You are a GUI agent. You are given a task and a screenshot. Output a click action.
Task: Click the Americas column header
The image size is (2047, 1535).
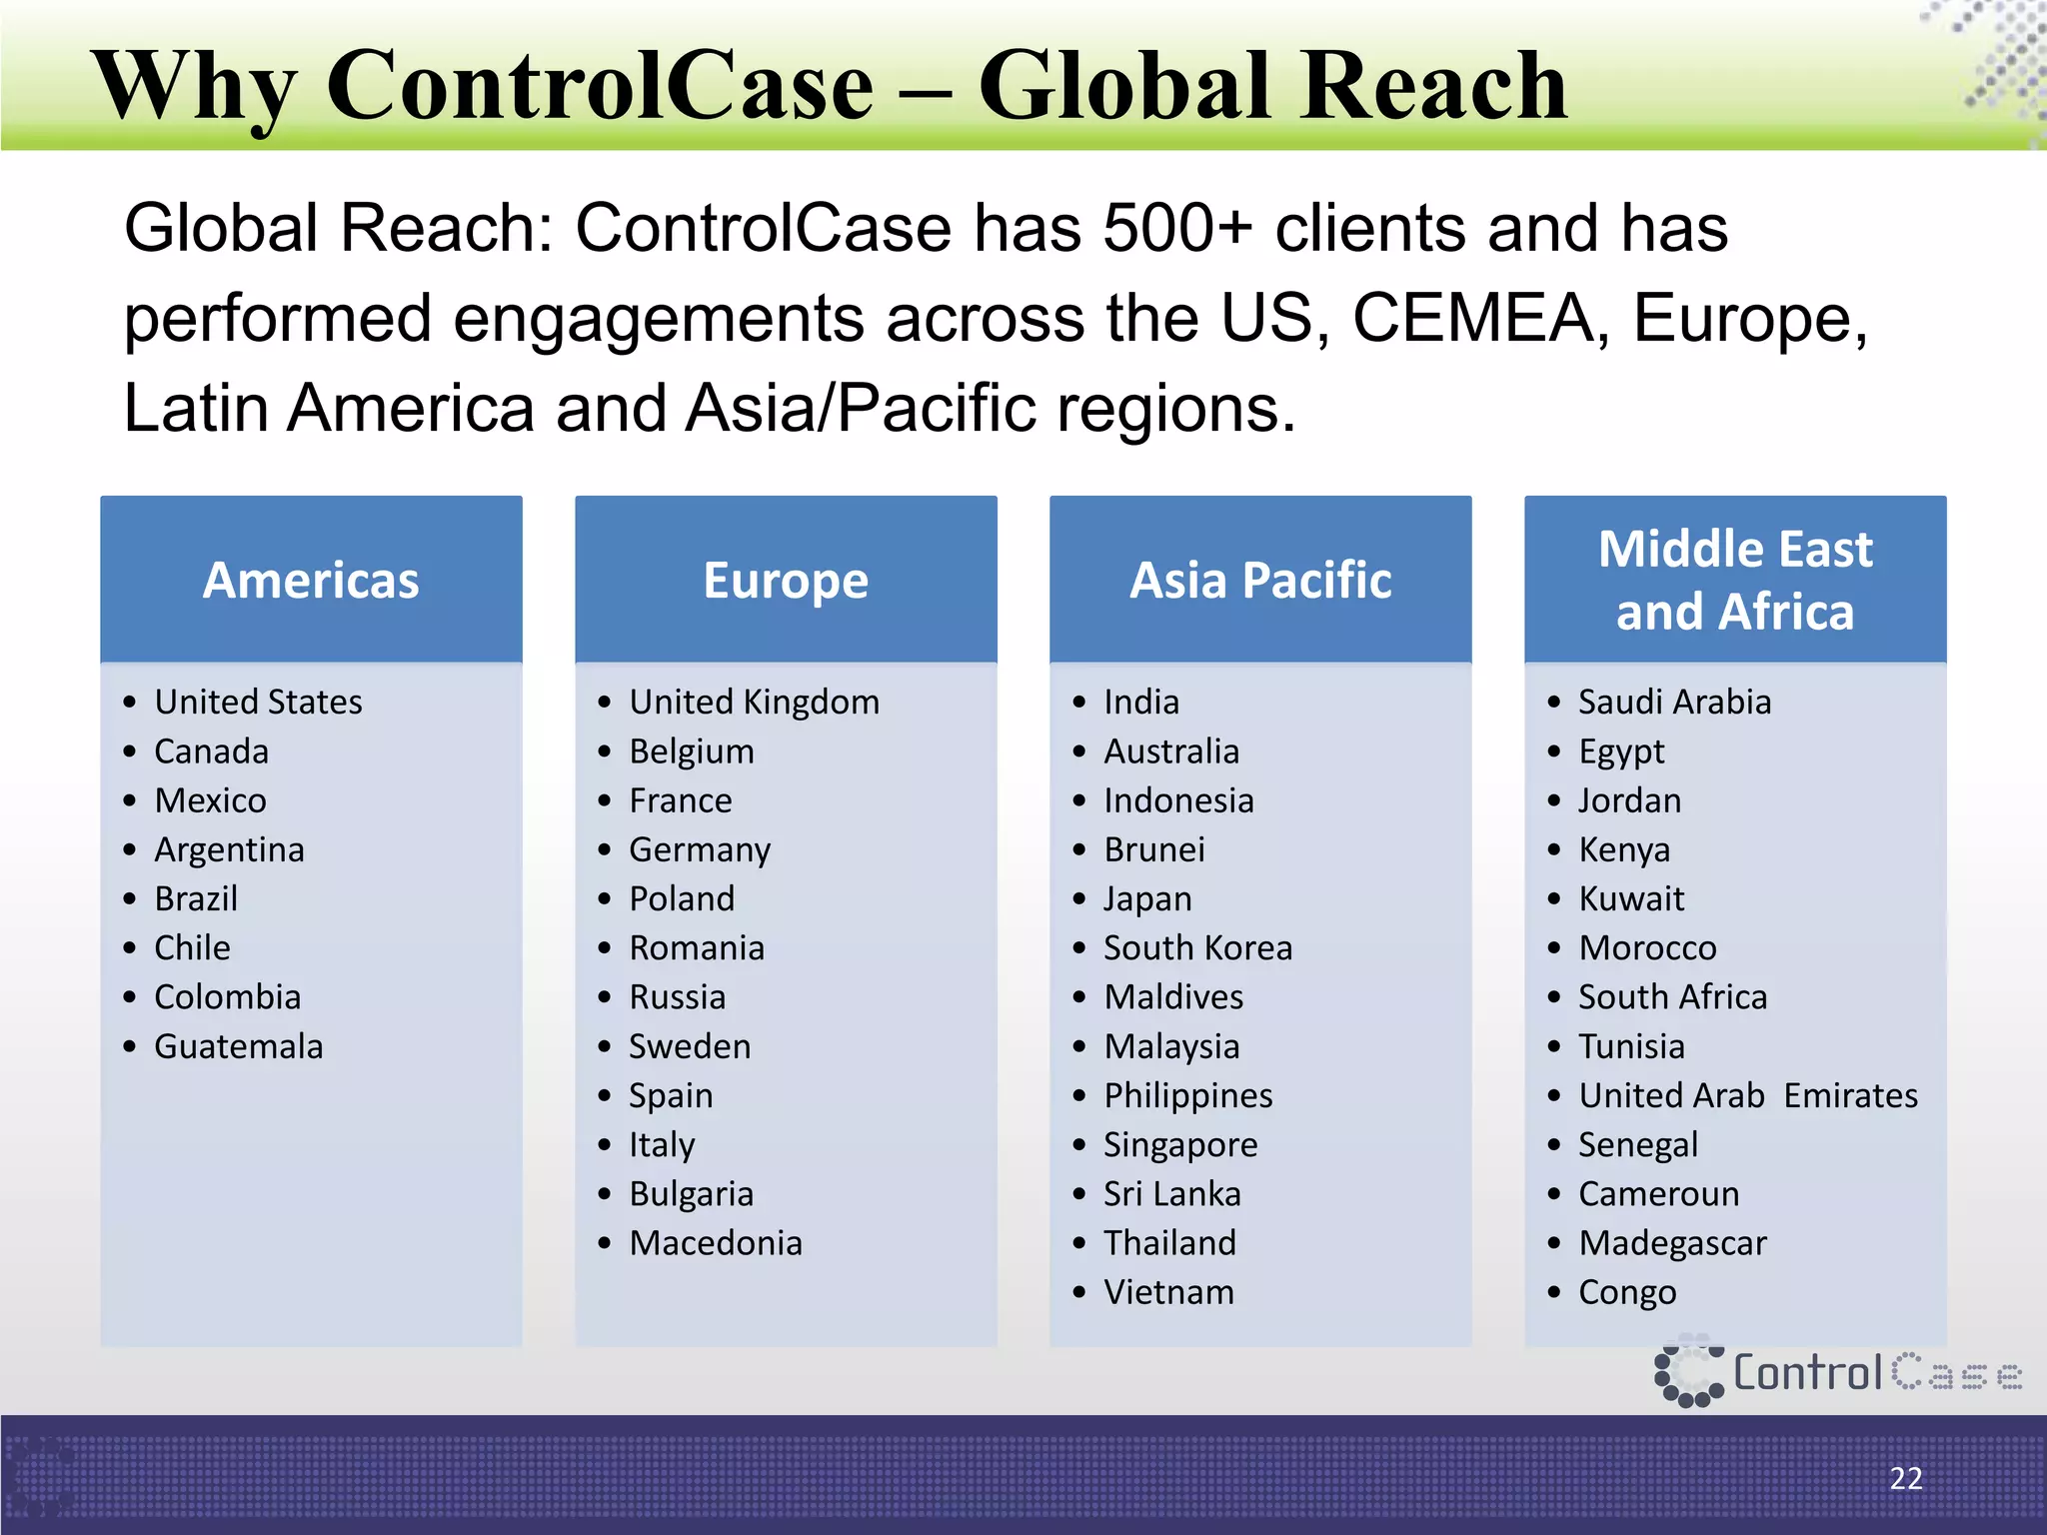311,581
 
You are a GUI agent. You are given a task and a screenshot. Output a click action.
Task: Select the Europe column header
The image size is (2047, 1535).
786,581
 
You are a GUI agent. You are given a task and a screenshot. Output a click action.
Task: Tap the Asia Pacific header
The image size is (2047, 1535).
1260,581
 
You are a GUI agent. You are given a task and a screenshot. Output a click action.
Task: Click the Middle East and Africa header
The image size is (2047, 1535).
1735,581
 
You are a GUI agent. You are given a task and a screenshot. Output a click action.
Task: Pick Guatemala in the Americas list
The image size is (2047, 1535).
239,1046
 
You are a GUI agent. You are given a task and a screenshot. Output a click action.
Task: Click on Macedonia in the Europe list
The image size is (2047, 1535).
716,1243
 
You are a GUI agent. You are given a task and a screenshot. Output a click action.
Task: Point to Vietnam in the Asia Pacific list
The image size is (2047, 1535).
1169,1292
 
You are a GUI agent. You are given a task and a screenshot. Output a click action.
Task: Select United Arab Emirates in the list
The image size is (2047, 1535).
1748,1095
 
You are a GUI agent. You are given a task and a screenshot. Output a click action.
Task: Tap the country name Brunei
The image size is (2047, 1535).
1154,849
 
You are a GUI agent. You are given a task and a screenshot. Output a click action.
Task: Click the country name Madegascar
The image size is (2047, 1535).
1672,1243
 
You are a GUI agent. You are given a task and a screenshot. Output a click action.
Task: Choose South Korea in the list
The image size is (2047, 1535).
1197,947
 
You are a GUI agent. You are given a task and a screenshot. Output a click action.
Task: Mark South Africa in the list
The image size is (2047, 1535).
1672,997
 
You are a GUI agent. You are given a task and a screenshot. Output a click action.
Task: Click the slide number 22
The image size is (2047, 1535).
1906,1478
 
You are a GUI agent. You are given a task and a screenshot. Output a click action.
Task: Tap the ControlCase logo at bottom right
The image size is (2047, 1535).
1837,1372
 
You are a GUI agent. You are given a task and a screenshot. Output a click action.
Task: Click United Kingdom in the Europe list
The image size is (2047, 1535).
754,702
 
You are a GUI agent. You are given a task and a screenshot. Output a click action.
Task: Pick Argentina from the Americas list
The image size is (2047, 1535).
229,849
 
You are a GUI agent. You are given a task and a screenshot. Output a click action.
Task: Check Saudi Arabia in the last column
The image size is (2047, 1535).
1674,702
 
